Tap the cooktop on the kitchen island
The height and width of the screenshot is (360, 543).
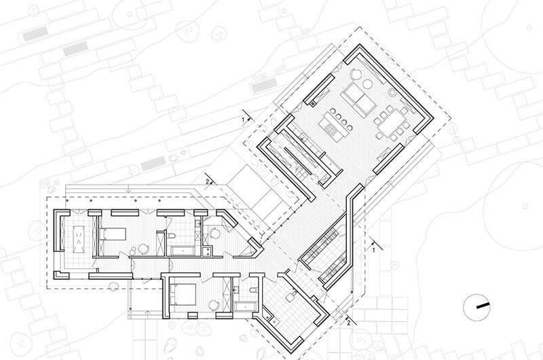coord(331,130)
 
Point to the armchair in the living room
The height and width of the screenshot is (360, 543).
coord(356,74)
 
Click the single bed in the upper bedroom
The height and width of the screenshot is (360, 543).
coord(112,234)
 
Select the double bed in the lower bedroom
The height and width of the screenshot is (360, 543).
coord(181,294)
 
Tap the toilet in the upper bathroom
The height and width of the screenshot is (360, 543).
coord(172,236)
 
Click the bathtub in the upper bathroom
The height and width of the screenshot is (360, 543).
coord(183,251)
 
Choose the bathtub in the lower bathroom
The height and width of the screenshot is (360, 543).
coord(246,306)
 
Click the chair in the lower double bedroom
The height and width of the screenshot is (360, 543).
coord(214,304)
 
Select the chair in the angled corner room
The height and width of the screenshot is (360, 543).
coord(214,232)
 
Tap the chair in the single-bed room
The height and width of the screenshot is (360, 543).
coord(143,249)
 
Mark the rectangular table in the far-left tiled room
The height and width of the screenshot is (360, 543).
coord(79,239)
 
